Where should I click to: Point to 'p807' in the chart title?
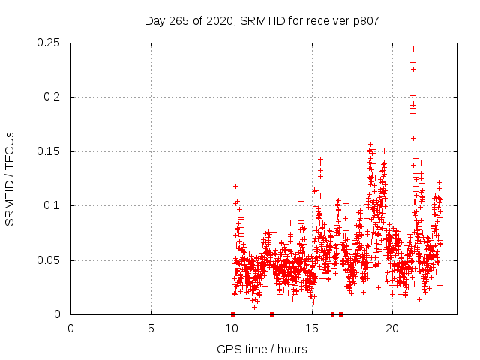(364, 20)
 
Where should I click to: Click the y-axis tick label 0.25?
(49, 43)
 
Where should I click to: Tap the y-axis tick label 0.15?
(49, 151)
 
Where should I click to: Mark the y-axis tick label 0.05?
(49, 260)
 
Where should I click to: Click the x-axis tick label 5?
(151, 328)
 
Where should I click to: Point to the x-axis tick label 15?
(311, 328)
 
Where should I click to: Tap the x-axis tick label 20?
(391, 328)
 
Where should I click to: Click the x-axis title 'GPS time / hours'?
(262, 349)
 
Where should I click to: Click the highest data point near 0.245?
(413, 49)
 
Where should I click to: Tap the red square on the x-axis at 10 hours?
(232, 314)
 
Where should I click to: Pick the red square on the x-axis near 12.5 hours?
(271, 314)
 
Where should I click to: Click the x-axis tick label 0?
(70, 328)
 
